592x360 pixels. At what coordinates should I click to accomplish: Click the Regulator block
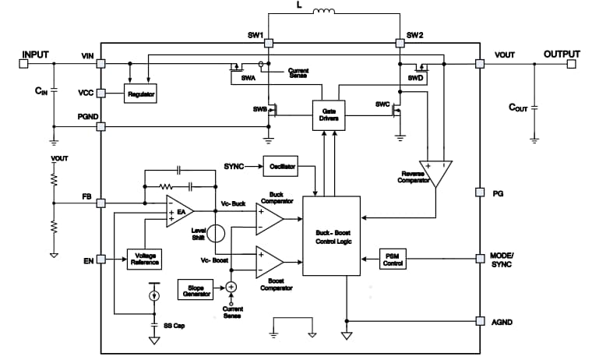141,94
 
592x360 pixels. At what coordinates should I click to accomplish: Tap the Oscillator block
280,167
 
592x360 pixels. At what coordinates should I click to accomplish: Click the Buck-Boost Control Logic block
331,235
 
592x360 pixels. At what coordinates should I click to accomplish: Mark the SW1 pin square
268,44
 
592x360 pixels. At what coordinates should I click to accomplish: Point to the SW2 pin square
400,44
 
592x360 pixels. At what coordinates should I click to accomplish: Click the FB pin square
101,203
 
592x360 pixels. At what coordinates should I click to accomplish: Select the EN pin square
101,259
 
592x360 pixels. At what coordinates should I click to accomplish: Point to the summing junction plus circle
231,287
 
